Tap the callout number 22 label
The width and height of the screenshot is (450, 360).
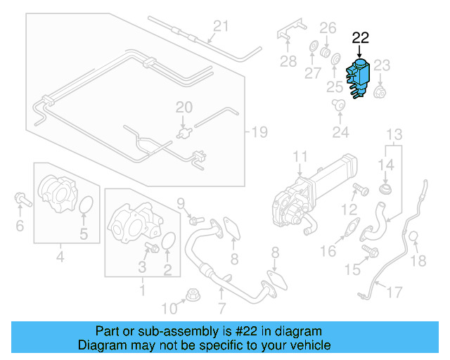pos(360,38)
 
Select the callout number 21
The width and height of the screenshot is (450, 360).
pos(221,27)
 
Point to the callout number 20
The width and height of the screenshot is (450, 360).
pos(183,108)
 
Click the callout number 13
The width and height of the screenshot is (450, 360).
pos(394,134)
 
